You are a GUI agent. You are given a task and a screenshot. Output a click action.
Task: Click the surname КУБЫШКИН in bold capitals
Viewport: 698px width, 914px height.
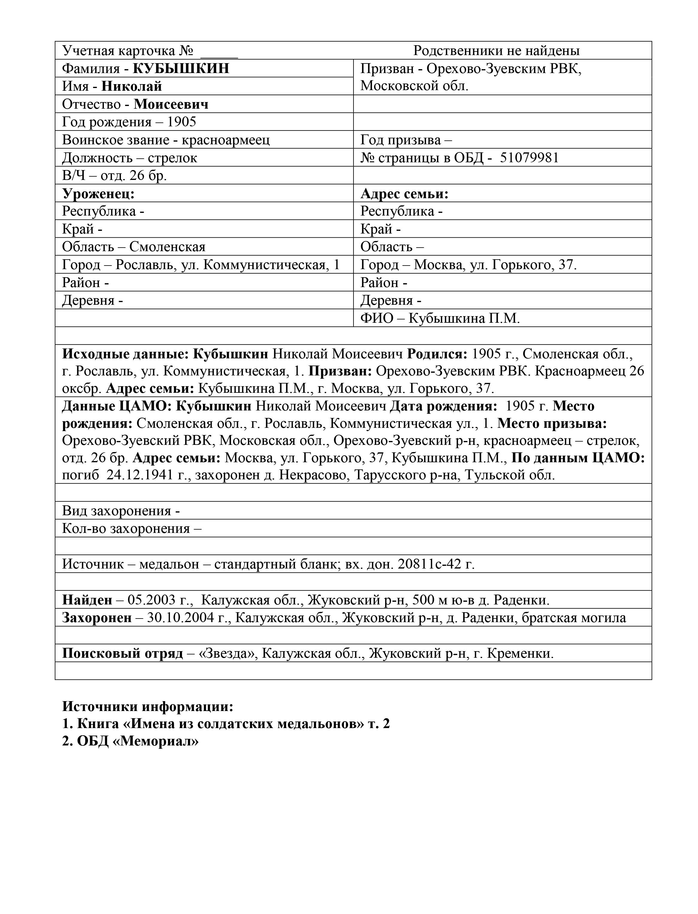181,68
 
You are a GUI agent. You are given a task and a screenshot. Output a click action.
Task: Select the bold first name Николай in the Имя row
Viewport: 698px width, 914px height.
132,86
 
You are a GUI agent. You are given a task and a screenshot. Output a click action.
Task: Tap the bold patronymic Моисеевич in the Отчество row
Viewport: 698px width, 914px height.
171,104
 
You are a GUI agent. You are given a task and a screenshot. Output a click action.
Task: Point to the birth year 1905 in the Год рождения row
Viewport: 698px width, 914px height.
182,122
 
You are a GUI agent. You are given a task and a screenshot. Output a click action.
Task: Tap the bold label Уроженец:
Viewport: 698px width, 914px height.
98,194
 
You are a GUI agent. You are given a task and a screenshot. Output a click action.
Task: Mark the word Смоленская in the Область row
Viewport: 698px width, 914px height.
167,247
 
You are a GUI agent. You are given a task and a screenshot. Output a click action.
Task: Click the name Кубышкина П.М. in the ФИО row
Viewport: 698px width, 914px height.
464,318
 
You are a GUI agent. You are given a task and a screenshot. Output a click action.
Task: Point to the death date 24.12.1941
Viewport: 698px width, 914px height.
139,475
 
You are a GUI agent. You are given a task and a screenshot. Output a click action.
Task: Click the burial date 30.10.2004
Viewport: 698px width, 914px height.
183,618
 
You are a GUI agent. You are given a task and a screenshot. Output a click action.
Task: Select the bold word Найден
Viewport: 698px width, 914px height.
87,600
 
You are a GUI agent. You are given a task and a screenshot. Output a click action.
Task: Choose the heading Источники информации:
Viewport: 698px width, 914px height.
148,706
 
